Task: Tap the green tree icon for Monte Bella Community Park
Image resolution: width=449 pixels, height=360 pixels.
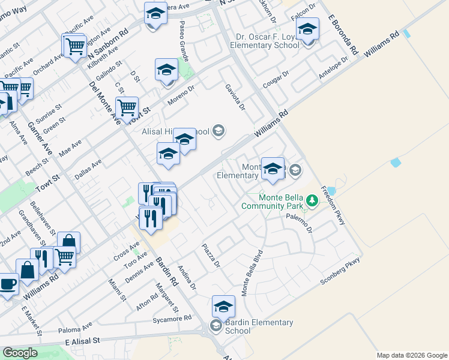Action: point(312,200)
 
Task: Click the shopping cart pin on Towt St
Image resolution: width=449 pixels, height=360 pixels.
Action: point(127,108)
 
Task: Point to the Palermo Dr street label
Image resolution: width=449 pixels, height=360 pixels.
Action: point(300,221)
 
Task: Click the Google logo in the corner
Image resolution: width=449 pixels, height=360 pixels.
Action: point(20,353)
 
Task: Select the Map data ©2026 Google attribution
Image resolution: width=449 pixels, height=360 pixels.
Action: point(411,355)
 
